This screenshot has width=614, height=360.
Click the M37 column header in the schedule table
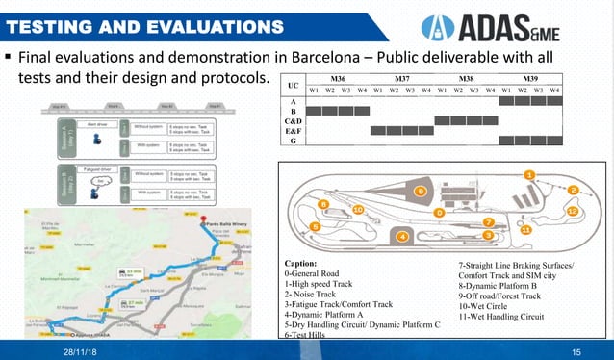(402, 78)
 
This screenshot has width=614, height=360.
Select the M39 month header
(529, 78)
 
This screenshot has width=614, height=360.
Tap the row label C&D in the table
(293, 120)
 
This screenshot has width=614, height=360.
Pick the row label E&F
(293, 131)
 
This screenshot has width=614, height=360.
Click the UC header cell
(294, 84)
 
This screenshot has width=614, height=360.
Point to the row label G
(293, 141)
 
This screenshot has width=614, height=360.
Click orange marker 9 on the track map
(420, 192)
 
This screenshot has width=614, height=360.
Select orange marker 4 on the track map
(401, 235)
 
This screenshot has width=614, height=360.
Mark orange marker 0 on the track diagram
(439, 212)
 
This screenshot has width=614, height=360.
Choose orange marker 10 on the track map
(357, 209)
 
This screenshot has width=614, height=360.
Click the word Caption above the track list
(307, 263)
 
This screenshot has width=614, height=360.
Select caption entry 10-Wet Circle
(489, 307)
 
